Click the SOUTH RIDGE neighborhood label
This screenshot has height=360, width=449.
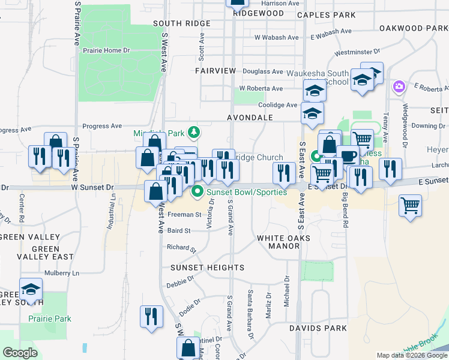click(181, 23)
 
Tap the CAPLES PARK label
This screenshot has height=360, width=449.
click(326, 14)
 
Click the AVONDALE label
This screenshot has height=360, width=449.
click(250, 118)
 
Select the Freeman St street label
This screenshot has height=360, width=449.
click(184, 214)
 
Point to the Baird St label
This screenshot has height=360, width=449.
click(179, 230)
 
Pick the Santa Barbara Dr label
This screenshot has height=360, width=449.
click(250, 309)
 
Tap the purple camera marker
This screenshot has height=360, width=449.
click(399, 88)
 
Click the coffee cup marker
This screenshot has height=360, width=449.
click(348, 155)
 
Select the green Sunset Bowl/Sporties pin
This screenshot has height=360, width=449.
click(197, 193)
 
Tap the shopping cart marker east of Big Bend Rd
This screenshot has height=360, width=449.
click(410, 206)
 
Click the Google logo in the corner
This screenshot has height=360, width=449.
click(20, 353)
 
